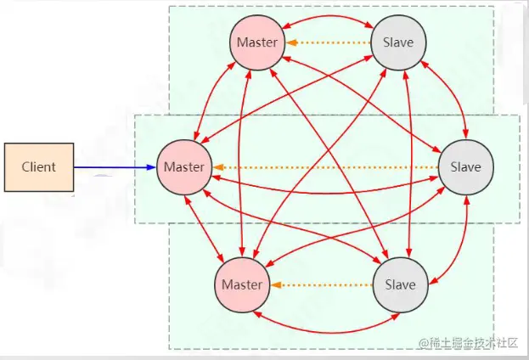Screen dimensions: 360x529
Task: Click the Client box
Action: [x=38, y=167]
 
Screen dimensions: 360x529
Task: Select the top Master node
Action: [x=256, y=42]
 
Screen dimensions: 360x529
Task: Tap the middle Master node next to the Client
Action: [x=184, y=166]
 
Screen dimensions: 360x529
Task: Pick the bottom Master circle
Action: [x=241, y=285]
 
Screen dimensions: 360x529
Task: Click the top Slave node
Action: [x=398, y=42]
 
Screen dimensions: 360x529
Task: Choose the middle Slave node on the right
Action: [x=465, y=166]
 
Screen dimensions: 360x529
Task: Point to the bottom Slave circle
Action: [x=398, y=285]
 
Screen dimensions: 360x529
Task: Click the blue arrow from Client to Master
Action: [x=115, y=167]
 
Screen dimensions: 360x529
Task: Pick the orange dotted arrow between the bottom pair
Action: [x=319, y=285]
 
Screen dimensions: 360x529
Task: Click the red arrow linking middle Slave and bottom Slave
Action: [x=456, y=238]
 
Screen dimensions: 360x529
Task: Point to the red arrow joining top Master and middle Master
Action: [x=212, y=98]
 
